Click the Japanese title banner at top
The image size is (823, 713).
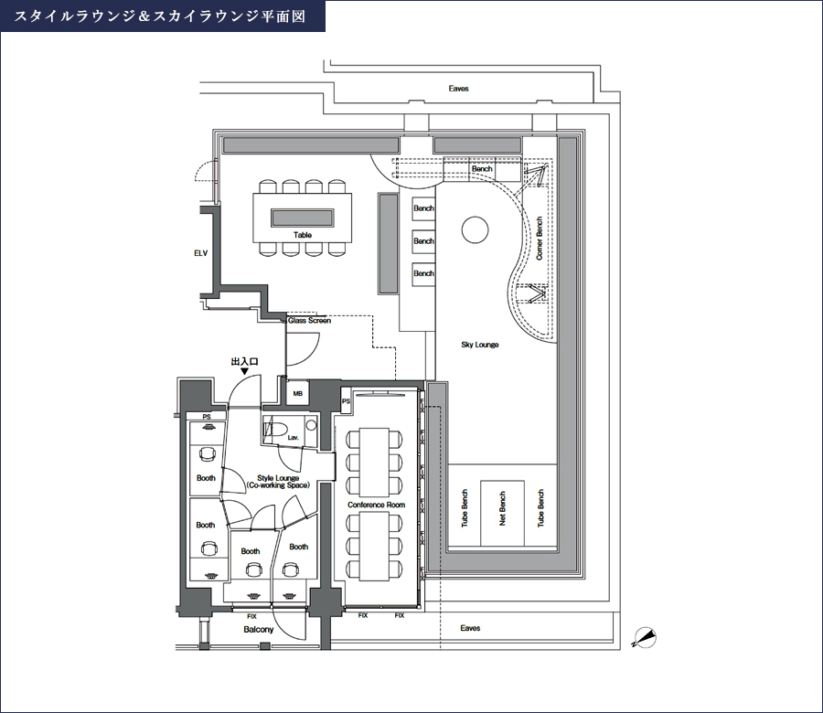click(162, 16)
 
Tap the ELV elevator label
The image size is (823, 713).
click(201, 252)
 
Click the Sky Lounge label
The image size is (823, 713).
click(480, 345)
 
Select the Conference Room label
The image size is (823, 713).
click(376, 505)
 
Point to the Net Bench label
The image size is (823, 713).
click(502, 509)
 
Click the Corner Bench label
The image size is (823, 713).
click(540, 239)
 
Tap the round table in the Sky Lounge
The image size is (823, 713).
click(476, 229)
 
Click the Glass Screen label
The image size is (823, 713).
click(309, 321)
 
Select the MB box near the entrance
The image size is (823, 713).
click(297, 394)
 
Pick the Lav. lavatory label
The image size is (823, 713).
click(293, 439)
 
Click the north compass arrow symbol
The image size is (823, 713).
click(646, 637)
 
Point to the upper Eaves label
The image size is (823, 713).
click(459, 89)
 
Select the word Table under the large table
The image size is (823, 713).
click(302, 236)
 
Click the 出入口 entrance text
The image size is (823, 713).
click(244, 361)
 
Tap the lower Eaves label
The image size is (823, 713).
click(470, 629)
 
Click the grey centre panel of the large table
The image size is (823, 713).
click(303, 218)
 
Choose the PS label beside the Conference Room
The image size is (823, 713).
click(346, 400)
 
